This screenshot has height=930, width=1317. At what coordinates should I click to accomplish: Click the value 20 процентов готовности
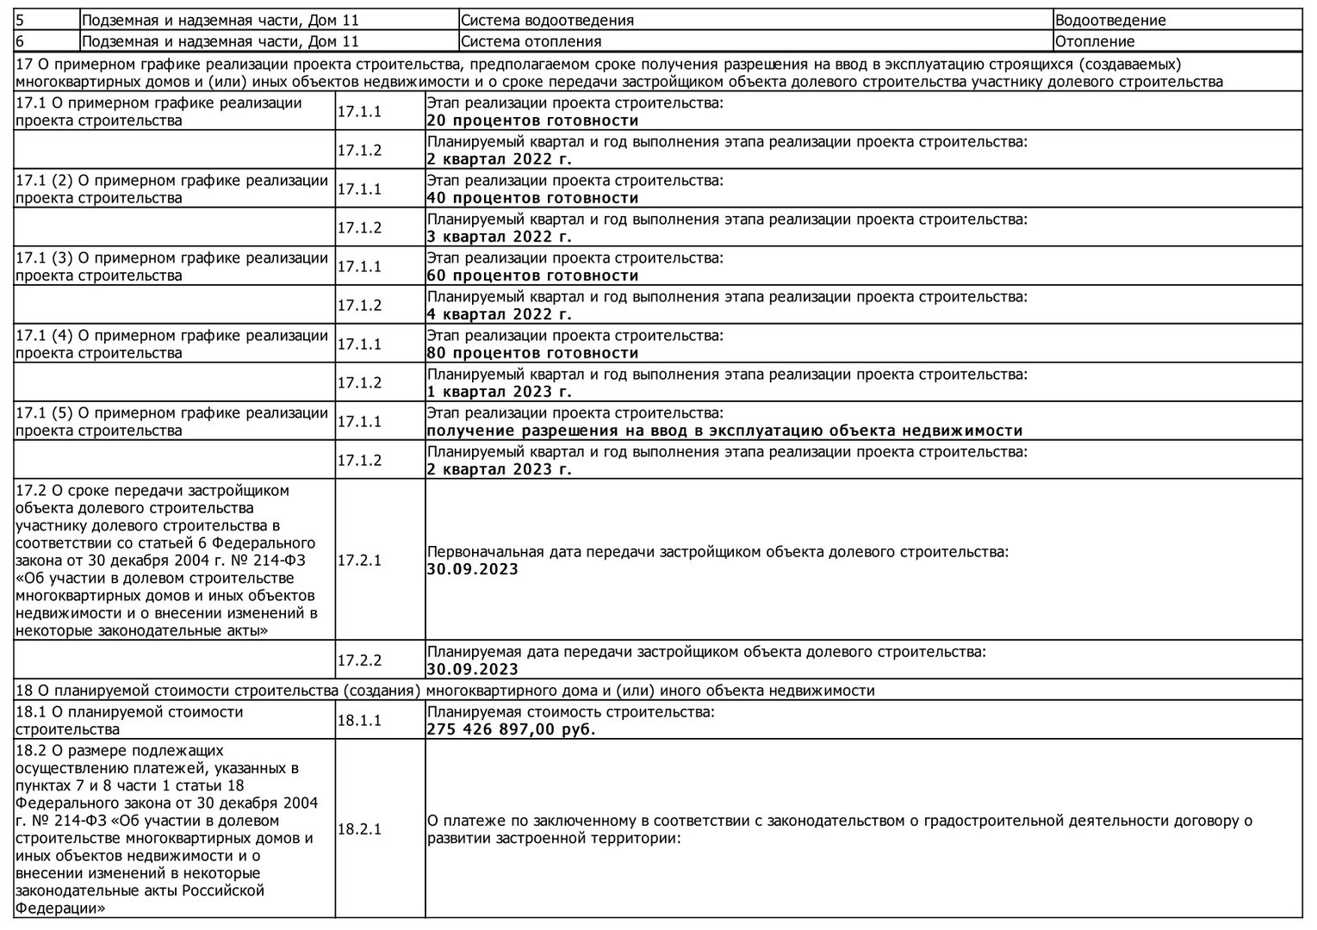point(532,121)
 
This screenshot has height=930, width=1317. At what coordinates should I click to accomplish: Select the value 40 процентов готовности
point(532,198)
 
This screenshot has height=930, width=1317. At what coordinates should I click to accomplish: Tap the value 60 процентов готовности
point(532,276)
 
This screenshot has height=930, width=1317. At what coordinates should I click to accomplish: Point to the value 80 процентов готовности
point(532,353)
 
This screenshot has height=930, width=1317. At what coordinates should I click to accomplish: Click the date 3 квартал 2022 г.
point(499,237)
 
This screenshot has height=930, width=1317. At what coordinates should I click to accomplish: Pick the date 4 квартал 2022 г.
point(499,314)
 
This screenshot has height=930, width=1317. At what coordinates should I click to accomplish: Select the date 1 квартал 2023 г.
point(499,392)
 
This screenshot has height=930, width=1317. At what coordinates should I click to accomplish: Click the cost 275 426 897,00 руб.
point(511,729)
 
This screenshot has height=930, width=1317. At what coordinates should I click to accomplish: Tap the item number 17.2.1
point(359,561)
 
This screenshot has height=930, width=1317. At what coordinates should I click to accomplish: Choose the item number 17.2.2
point(359,660)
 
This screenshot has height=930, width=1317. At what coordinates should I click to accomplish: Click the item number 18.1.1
point(359,720)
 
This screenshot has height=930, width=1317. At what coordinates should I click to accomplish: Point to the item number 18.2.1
point(359,829)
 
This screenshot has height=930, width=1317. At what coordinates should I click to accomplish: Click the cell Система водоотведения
point(547,21)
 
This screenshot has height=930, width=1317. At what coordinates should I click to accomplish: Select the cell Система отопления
point(531,41)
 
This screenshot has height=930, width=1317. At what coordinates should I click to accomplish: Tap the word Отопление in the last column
point(1094,41)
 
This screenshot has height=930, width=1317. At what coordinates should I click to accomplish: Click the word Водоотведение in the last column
point(1109,21)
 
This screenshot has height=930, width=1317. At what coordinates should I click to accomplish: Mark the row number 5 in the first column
point(21,21)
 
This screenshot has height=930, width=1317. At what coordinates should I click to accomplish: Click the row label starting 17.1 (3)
point(172,267)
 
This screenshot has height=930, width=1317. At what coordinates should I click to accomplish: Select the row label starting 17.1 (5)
point(172,422)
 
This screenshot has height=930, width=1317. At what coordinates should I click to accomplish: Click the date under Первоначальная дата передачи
point(472,569)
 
